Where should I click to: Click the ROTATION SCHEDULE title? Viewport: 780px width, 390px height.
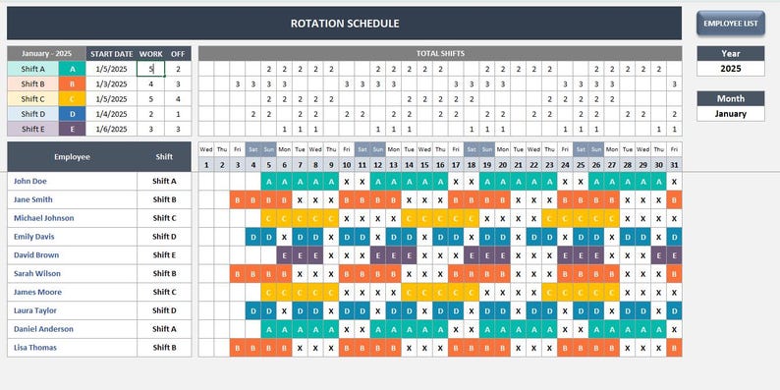click(x=344, y=24)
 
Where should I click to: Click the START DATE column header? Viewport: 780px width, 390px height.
click(x=111, y=54)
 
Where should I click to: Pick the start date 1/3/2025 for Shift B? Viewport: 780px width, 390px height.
click(x=111, y=84)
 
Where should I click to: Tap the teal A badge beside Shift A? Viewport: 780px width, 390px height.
click(x=71, y=70)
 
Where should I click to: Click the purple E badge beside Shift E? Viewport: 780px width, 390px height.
click(x=71, y=129)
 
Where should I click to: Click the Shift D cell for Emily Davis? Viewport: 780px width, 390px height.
click(x=164, y=237)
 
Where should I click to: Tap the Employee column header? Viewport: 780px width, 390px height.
click(x=72, y=156)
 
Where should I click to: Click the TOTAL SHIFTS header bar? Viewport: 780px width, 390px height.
click(x=439, y=53)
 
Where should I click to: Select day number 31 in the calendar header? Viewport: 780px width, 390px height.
click(x=673, y=165)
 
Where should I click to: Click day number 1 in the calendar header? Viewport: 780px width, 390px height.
click(x=206, y=165)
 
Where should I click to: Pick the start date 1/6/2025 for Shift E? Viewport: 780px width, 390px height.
click(x=111, y=129)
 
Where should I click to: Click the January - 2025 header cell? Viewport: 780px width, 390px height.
click(x=46, y=54)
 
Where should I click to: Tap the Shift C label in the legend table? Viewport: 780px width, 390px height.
click(x=32, y=99)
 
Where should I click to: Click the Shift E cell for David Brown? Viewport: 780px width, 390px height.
click(x=164, y=255)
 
